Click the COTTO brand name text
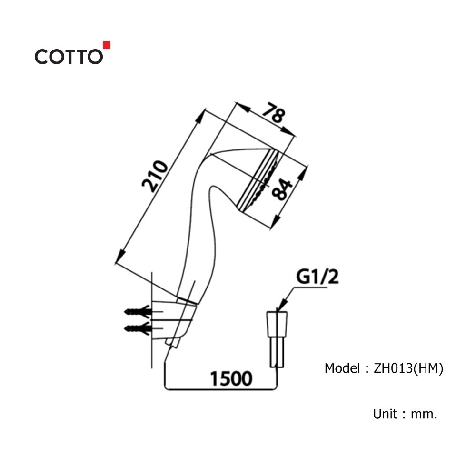click(68, 57)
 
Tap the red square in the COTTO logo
click(107, 45)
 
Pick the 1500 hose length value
click(230, 378)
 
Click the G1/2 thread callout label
click(317, 278)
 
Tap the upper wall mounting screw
click(138, 312)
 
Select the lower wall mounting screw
click(138, 328)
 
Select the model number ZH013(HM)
click(408, 368)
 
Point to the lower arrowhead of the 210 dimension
click(119, 258)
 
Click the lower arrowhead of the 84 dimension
click(277, 219)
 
